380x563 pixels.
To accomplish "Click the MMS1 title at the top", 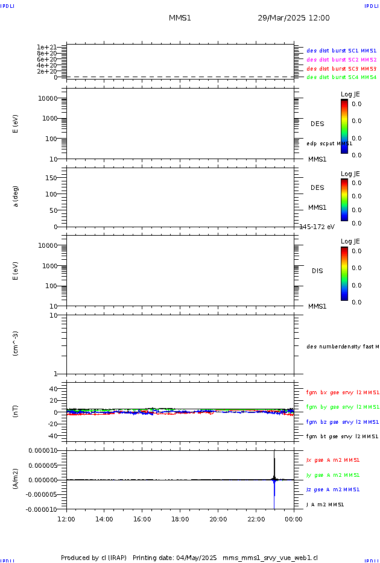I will [x=180, y=18].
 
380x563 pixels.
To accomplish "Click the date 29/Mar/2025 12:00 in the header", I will [x=294, y=18].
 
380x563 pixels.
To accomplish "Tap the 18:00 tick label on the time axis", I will [x=180, y=519].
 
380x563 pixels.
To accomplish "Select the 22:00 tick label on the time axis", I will [x=256, y=519].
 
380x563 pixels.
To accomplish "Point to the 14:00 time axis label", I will [x=104, y=519].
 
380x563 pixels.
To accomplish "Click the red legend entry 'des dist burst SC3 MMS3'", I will [x=341, y=69].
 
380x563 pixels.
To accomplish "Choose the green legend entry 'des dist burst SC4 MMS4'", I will [x=341, y=77].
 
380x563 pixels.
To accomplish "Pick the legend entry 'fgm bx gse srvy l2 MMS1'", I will [x=343, y=392].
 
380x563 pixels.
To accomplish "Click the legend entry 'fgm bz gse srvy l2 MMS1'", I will [x=343, y=422].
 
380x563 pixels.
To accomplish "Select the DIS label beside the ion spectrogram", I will [x=317, y=271].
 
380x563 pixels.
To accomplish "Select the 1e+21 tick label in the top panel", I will [x=46, y=47].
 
